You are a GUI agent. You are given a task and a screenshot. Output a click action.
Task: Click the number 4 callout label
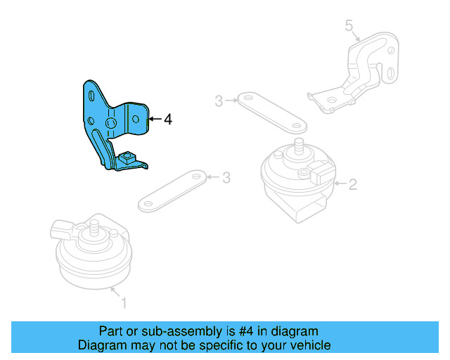click(167, 120)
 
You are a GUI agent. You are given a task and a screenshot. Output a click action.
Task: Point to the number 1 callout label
click(124, 303)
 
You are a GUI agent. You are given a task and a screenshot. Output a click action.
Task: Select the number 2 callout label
click(353, 185)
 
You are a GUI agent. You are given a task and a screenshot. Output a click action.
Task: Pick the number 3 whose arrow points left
click(226, 178)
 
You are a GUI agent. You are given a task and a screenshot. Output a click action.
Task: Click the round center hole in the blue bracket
click(111, 124)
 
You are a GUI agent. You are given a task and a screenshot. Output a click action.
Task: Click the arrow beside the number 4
click(155, 120)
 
